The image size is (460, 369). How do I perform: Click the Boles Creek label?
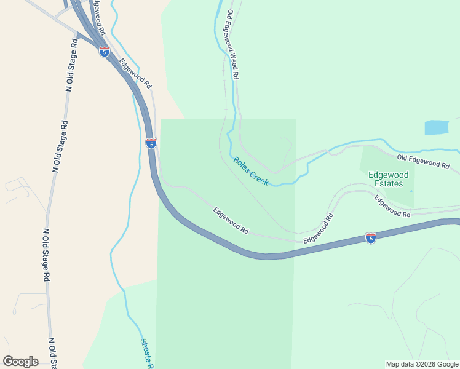[251, 172]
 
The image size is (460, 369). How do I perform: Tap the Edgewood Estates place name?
[386, 179]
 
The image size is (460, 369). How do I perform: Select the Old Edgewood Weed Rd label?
[232, 44]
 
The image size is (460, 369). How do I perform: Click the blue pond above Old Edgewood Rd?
[436, 127]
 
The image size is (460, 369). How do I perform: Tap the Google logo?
[20, 362]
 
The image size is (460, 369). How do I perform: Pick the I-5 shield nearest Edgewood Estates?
[370, 237]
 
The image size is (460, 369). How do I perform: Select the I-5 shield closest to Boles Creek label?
[151, 143]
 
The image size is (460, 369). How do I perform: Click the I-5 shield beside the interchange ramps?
[105, 52]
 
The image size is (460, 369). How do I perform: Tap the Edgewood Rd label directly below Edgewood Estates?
[392, 205]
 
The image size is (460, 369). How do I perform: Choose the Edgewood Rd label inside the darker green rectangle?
[231, 220]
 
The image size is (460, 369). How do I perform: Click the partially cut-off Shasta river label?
[146, 354]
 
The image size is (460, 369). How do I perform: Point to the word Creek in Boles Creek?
[259, 177]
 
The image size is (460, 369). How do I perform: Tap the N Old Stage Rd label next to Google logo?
[53, 352]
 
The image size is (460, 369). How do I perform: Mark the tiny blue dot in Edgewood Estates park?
[411, 191]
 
